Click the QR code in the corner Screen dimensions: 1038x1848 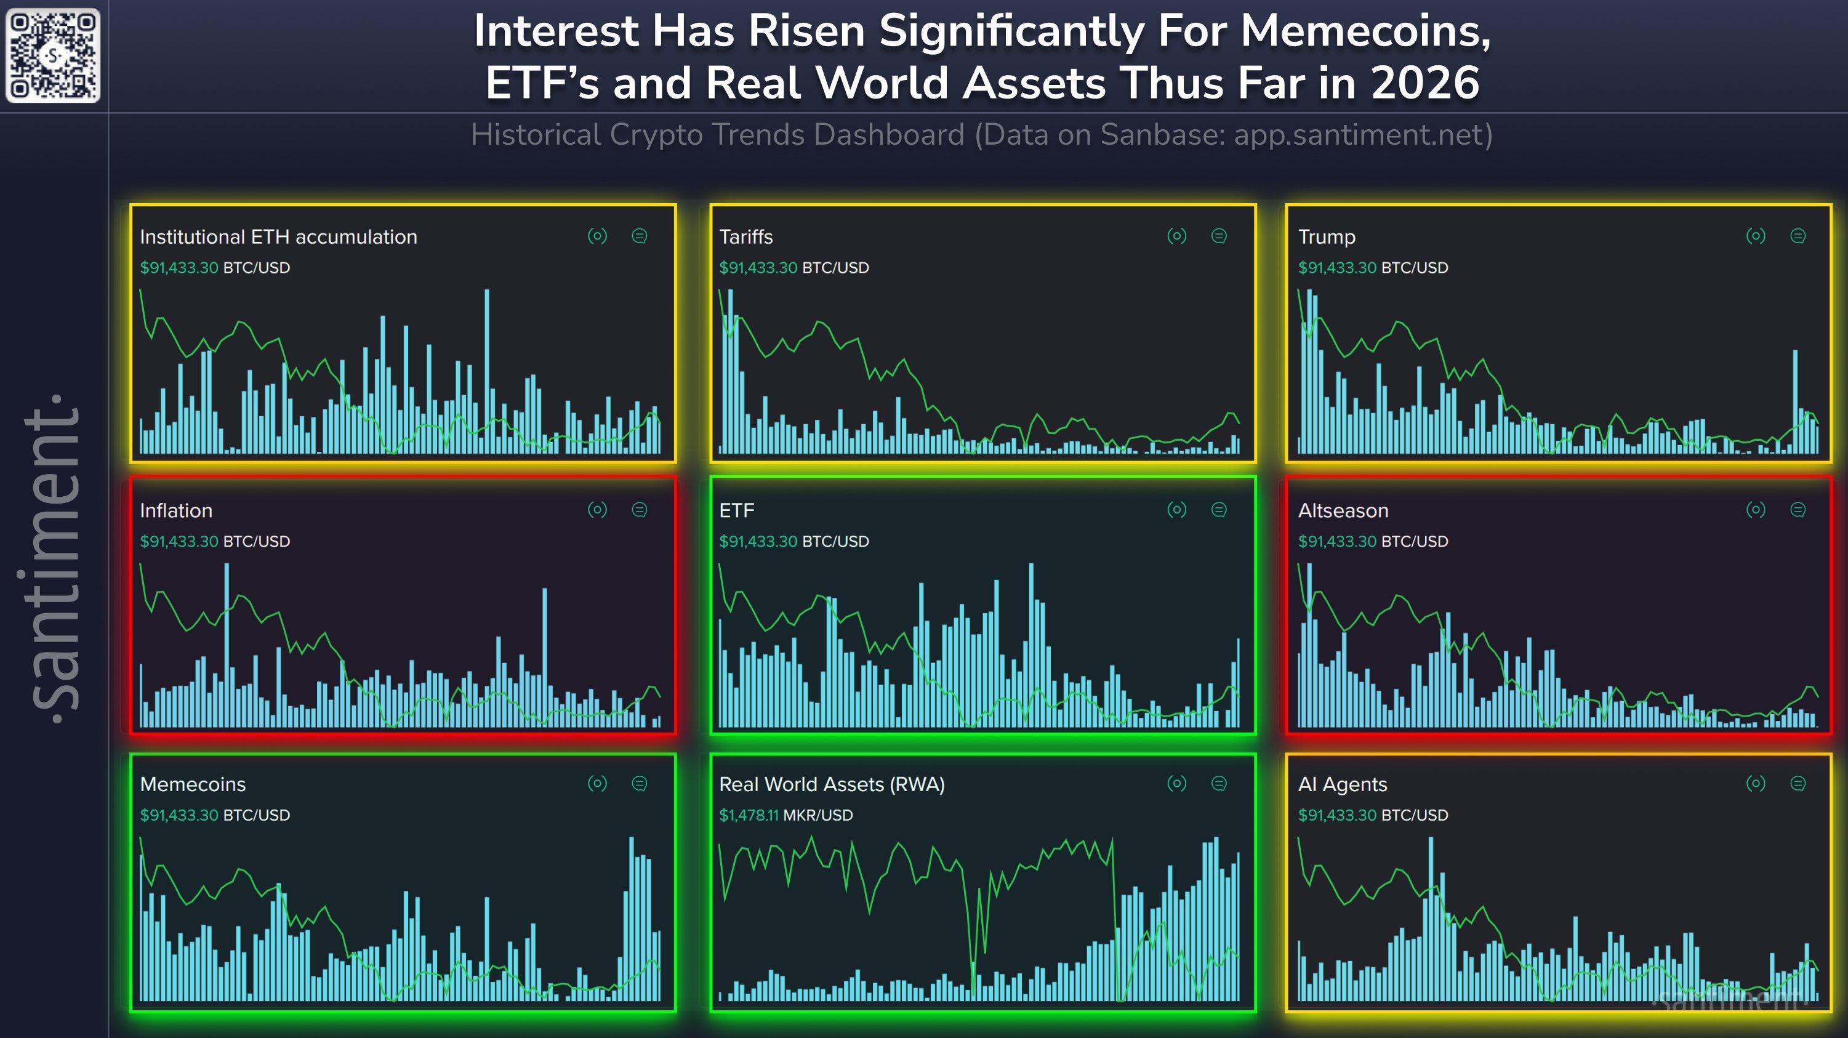[52, 55]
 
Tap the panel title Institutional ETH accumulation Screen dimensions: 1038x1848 [278, 237]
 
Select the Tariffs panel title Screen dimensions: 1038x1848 [745, 237]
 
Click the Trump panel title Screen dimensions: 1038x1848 [1327, 237]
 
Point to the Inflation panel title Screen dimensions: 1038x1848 [176, 511]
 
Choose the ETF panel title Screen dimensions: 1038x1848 [736, 511]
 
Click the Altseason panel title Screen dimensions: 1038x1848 [1343, 511]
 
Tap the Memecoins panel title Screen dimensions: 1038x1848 [192, 784]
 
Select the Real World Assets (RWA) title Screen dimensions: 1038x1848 [832, 784]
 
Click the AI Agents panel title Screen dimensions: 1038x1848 [1342, 784]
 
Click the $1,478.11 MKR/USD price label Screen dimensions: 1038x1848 [785, 815]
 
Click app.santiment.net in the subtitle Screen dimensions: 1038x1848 [1362, 135]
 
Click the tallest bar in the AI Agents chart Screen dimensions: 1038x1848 [1431, 918]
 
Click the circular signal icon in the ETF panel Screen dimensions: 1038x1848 [1176, 510]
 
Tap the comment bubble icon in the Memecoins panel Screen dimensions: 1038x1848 [639, 783]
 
